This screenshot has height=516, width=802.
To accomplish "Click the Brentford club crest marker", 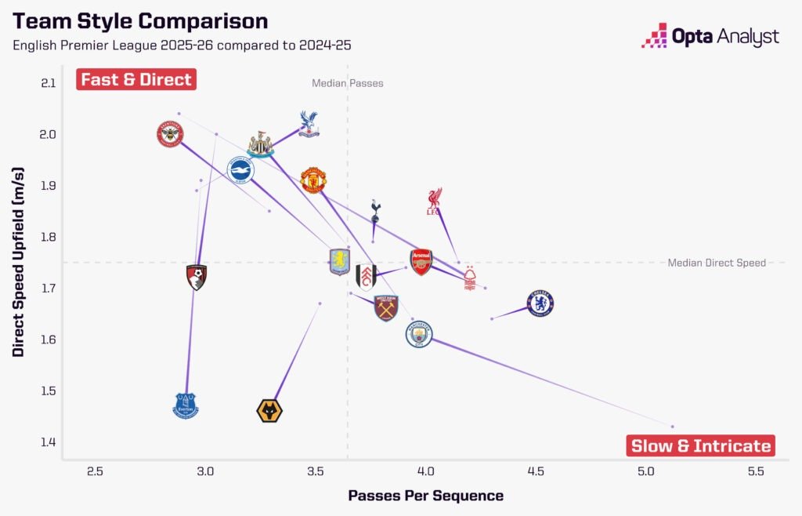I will pos(169,134).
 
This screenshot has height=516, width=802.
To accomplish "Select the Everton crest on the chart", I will pos(186,405).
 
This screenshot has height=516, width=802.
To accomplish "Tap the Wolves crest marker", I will pos(269,410).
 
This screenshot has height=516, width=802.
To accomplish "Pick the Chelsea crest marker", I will pos(540,303).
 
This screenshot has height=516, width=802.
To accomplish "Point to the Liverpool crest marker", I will pos(434,201).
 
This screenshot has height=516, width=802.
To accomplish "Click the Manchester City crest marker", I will pos(419,335).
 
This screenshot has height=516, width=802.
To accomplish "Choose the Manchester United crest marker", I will pos(313,180).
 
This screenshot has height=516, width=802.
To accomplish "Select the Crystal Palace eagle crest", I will pos(309,124).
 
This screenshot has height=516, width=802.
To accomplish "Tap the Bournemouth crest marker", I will pos(197,277).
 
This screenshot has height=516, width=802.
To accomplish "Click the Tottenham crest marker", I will pos(375,210).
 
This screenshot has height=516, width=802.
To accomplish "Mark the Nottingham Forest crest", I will pos(470,278).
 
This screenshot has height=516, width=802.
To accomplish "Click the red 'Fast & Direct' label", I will pos(135,79).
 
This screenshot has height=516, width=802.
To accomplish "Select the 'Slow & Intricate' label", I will pos(700,445).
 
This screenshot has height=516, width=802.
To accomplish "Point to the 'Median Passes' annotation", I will pos(348,83).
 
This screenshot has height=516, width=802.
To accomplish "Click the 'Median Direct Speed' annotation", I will pos(717,263).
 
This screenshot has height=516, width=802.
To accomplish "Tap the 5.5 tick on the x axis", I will pos(756,471).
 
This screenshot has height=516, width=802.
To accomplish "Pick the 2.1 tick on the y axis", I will pos(49,83).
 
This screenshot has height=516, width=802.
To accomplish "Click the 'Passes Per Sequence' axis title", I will pos(425,496).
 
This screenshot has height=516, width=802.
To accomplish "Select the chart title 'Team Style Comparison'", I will pos(140,21).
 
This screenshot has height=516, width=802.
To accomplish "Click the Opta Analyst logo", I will pos(710,36).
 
